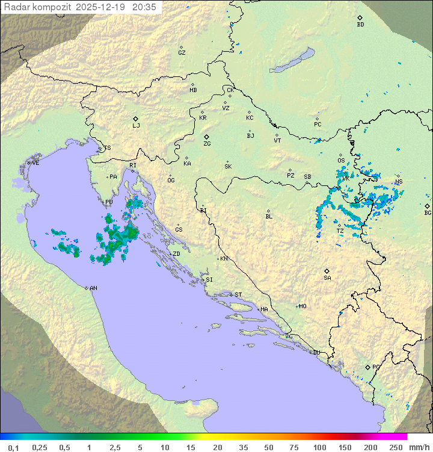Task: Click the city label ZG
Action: pos(207,144)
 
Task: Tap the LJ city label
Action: pos(136,126)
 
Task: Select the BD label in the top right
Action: pos(360,25)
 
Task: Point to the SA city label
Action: pos(327,278)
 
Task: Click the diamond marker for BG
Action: pos(427,206)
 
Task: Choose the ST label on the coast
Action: pos(238,295)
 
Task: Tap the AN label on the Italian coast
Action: pos(93,288)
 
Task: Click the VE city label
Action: pos(35,163)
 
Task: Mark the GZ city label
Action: pos(182,53)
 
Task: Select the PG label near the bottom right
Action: pos(376,367)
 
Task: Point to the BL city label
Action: pos(269,217)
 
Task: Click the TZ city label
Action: pos(340,231)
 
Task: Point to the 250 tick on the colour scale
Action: pos(396,447)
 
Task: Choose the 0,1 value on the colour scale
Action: pos(13,447)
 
